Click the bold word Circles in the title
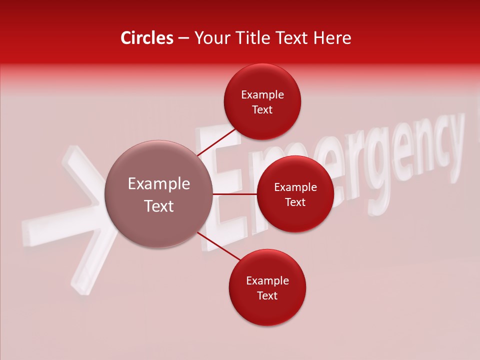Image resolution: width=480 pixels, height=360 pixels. (147, 38)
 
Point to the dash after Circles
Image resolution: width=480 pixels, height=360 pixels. (183, 38)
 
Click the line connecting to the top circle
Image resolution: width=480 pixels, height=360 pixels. (217, 142)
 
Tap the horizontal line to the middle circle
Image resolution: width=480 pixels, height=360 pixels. (235, 194)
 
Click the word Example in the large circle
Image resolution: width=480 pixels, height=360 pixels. (159, 184)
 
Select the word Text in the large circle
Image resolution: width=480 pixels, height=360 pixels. (159, 206)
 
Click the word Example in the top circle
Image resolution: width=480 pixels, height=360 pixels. (262, 95)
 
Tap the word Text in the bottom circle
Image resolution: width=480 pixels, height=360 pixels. (267, 296)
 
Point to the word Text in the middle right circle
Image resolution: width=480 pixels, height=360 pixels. (295, 202)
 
